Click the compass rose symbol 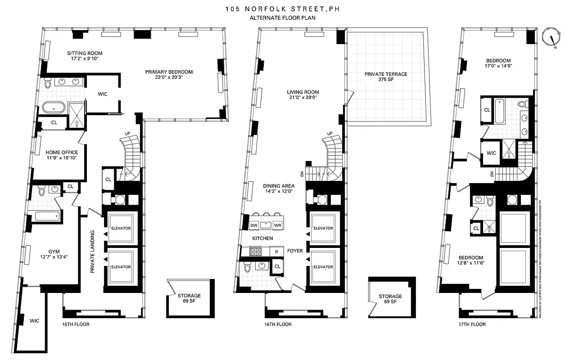551,36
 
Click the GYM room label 54,252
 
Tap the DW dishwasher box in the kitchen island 253,225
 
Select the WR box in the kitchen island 277,225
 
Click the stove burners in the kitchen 255,252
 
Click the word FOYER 295,251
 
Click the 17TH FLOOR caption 472,324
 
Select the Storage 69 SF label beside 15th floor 189,299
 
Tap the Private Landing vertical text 92,252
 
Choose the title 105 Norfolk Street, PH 282,9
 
